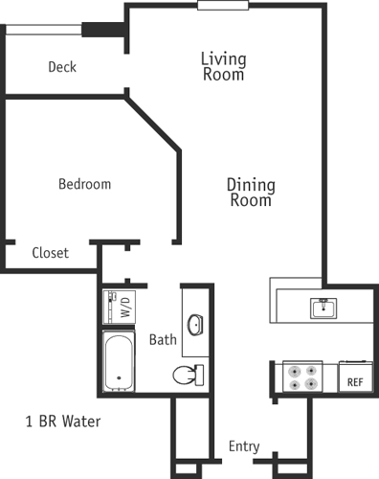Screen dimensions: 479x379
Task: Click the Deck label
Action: coord(62,67)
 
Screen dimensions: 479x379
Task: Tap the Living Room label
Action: coord(223,66)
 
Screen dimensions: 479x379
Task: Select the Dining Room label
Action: coord(251,193)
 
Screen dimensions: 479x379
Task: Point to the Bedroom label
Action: coord(84,184)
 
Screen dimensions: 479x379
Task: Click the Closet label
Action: coord(50,253)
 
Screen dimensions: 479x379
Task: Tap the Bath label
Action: coord(163,339)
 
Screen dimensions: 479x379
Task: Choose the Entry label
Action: coord(244,446)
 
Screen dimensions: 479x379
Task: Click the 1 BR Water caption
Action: coord(62,421)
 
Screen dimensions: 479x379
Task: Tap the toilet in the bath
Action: coord(188,373)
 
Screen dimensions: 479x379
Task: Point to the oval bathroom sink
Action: coord(195,324)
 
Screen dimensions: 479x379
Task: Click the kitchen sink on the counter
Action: coord(322,308)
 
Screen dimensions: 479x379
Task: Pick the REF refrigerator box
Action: coord(354,376)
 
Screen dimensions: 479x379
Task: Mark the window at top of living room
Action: coord(224,5)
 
